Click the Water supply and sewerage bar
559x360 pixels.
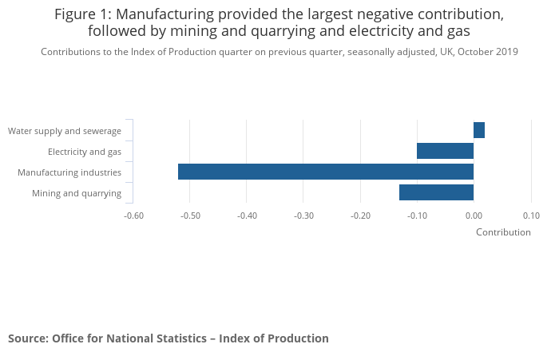479,130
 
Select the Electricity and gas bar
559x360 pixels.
445,151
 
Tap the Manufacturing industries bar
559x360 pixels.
326,172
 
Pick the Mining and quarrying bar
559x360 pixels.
436,192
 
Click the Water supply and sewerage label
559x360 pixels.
65,131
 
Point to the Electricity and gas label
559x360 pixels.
85,152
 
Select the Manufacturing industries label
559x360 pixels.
69,172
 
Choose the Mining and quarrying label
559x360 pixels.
77,193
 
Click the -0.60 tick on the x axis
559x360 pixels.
133,216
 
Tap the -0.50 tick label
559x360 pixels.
190,216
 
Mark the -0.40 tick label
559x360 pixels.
247,216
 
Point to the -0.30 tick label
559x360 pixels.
303,216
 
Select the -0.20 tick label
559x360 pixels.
360,216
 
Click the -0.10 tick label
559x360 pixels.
417,216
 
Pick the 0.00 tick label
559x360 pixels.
474,216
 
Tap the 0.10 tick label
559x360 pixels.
531,216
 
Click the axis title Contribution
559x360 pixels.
503,232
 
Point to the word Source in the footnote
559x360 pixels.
26,338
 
